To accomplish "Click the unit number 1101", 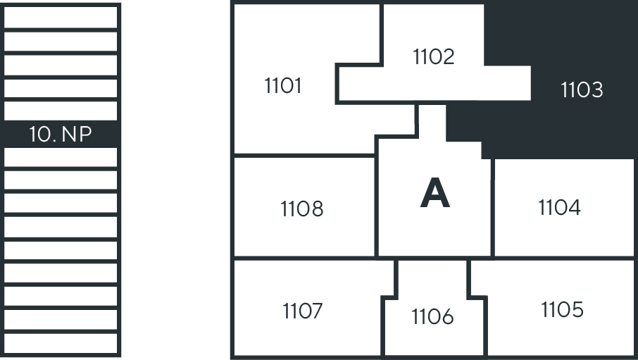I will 282,86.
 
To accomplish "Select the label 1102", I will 434,56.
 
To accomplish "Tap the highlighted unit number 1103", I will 582,89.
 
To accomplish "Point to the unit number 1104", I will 559,207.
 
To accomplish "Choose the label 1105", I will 562,309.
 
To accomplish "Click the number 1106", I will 432,317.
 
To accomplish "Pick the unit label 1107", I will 303,311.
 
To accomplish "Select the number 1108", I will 301,209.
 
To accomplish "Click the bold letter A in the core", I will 434,193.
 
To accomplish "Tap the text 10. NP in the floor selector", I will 61,134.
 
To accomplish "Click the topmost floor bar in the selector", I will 61,17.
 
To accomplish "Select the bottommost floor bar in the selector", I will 61,343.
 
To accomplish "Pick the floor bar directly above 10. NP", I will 61,111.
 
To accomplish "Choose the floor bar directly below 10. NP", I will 61,158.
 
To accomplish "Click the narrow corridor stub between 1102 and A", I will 431,120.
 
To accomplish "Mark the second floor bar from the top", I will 61,41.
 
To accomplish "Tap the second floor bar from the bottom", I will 61,320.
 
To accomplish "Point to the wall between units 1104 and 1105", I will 563,258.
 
